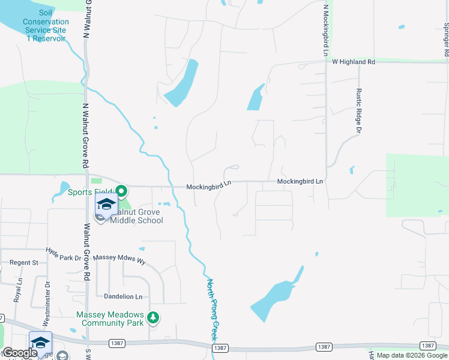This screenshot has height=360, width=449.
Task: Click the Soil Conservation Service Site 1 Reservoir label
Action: click(x=46, y=25)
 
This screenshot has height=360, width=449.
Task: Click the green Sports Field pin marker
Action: click(x=121, y=192)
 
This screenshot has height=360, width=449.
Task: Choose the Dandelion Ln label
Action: click(x=122, y=296)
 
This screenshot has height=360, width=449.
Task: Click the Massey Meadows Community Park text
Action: click(x=110, y=319)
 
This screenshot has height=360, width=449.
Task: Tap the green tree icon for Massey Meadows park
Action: click(x=154, y=317)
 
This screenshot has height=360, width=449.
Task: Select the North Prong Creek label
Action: click(x=212, y=310)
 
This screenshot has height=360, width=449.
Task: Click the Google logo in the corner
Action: click(x=20, y=353)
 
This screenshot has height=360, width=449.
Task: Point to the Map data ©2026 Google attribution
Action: click(x=412, y=356)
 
